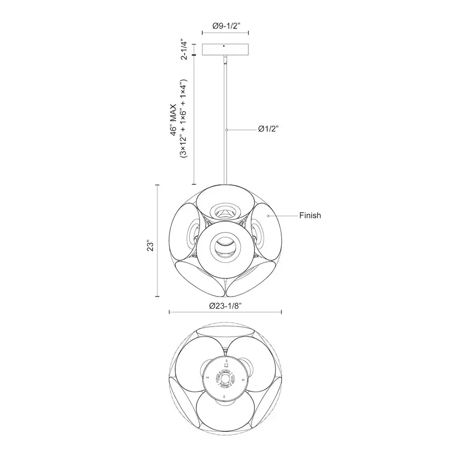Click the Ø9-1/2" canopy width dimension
226,26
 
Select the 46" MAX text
174,119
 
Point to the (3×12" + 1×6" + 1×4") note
183,118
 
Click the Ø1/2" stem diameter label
269,129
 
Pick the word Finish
310,215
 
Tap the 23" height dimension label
150,246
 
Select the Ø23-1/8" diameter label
225,306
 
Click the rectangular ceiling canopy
225,49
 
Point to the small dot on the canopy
224,46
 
